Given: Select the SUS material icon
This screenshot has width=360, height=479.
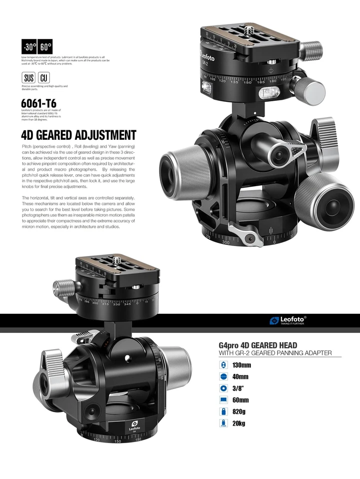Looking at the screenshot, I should click(x=28, y=78).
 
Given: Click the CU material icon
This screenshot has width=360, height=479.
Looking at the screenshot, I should click(x=43, y=78).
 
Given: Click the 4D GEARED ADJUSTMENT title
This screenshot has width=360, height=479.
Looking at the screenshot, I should click(x=78, y=135).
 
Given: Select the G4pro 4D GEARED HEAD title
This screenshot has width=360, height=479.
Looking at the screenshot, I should click(x=258, y=345).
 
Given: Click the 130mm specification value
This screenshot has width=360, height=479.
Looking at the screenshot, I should click(x=241, y=365).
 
